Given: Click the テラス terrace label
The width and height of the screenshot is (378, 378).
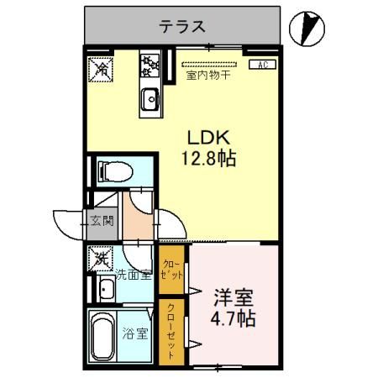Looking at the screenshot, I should click(x=182, y=25).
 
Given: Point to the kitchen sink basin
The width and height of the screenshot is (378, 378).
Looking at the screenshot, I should click(x=150, y=98).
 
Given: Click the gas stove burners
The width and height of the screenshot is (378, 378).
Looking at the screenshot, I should click(x=150, y=64).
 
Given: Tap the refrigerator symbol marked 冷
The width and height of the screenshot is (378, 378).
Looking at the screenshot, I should click(x=99, y=67).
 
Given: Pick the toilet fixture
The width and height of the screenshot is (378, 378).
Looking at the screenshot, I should click(x=113, y=171).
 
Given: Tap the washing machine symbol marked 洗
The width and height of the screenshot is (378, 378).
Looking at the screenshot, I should click(x=100, y=257).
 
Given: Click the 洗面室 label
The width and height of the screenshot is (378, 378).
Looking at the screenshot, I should click(x=132, y=273).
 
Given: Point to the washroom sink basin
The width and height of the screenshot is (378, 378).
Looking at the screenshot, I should click(x=107, y=291).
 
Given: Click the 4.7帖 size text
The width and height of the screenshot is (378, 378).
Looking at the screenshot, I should click(x=234, y=320).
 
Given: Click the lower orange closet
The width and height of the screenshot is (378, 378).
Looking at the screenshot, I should click(x=171, y=331).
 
